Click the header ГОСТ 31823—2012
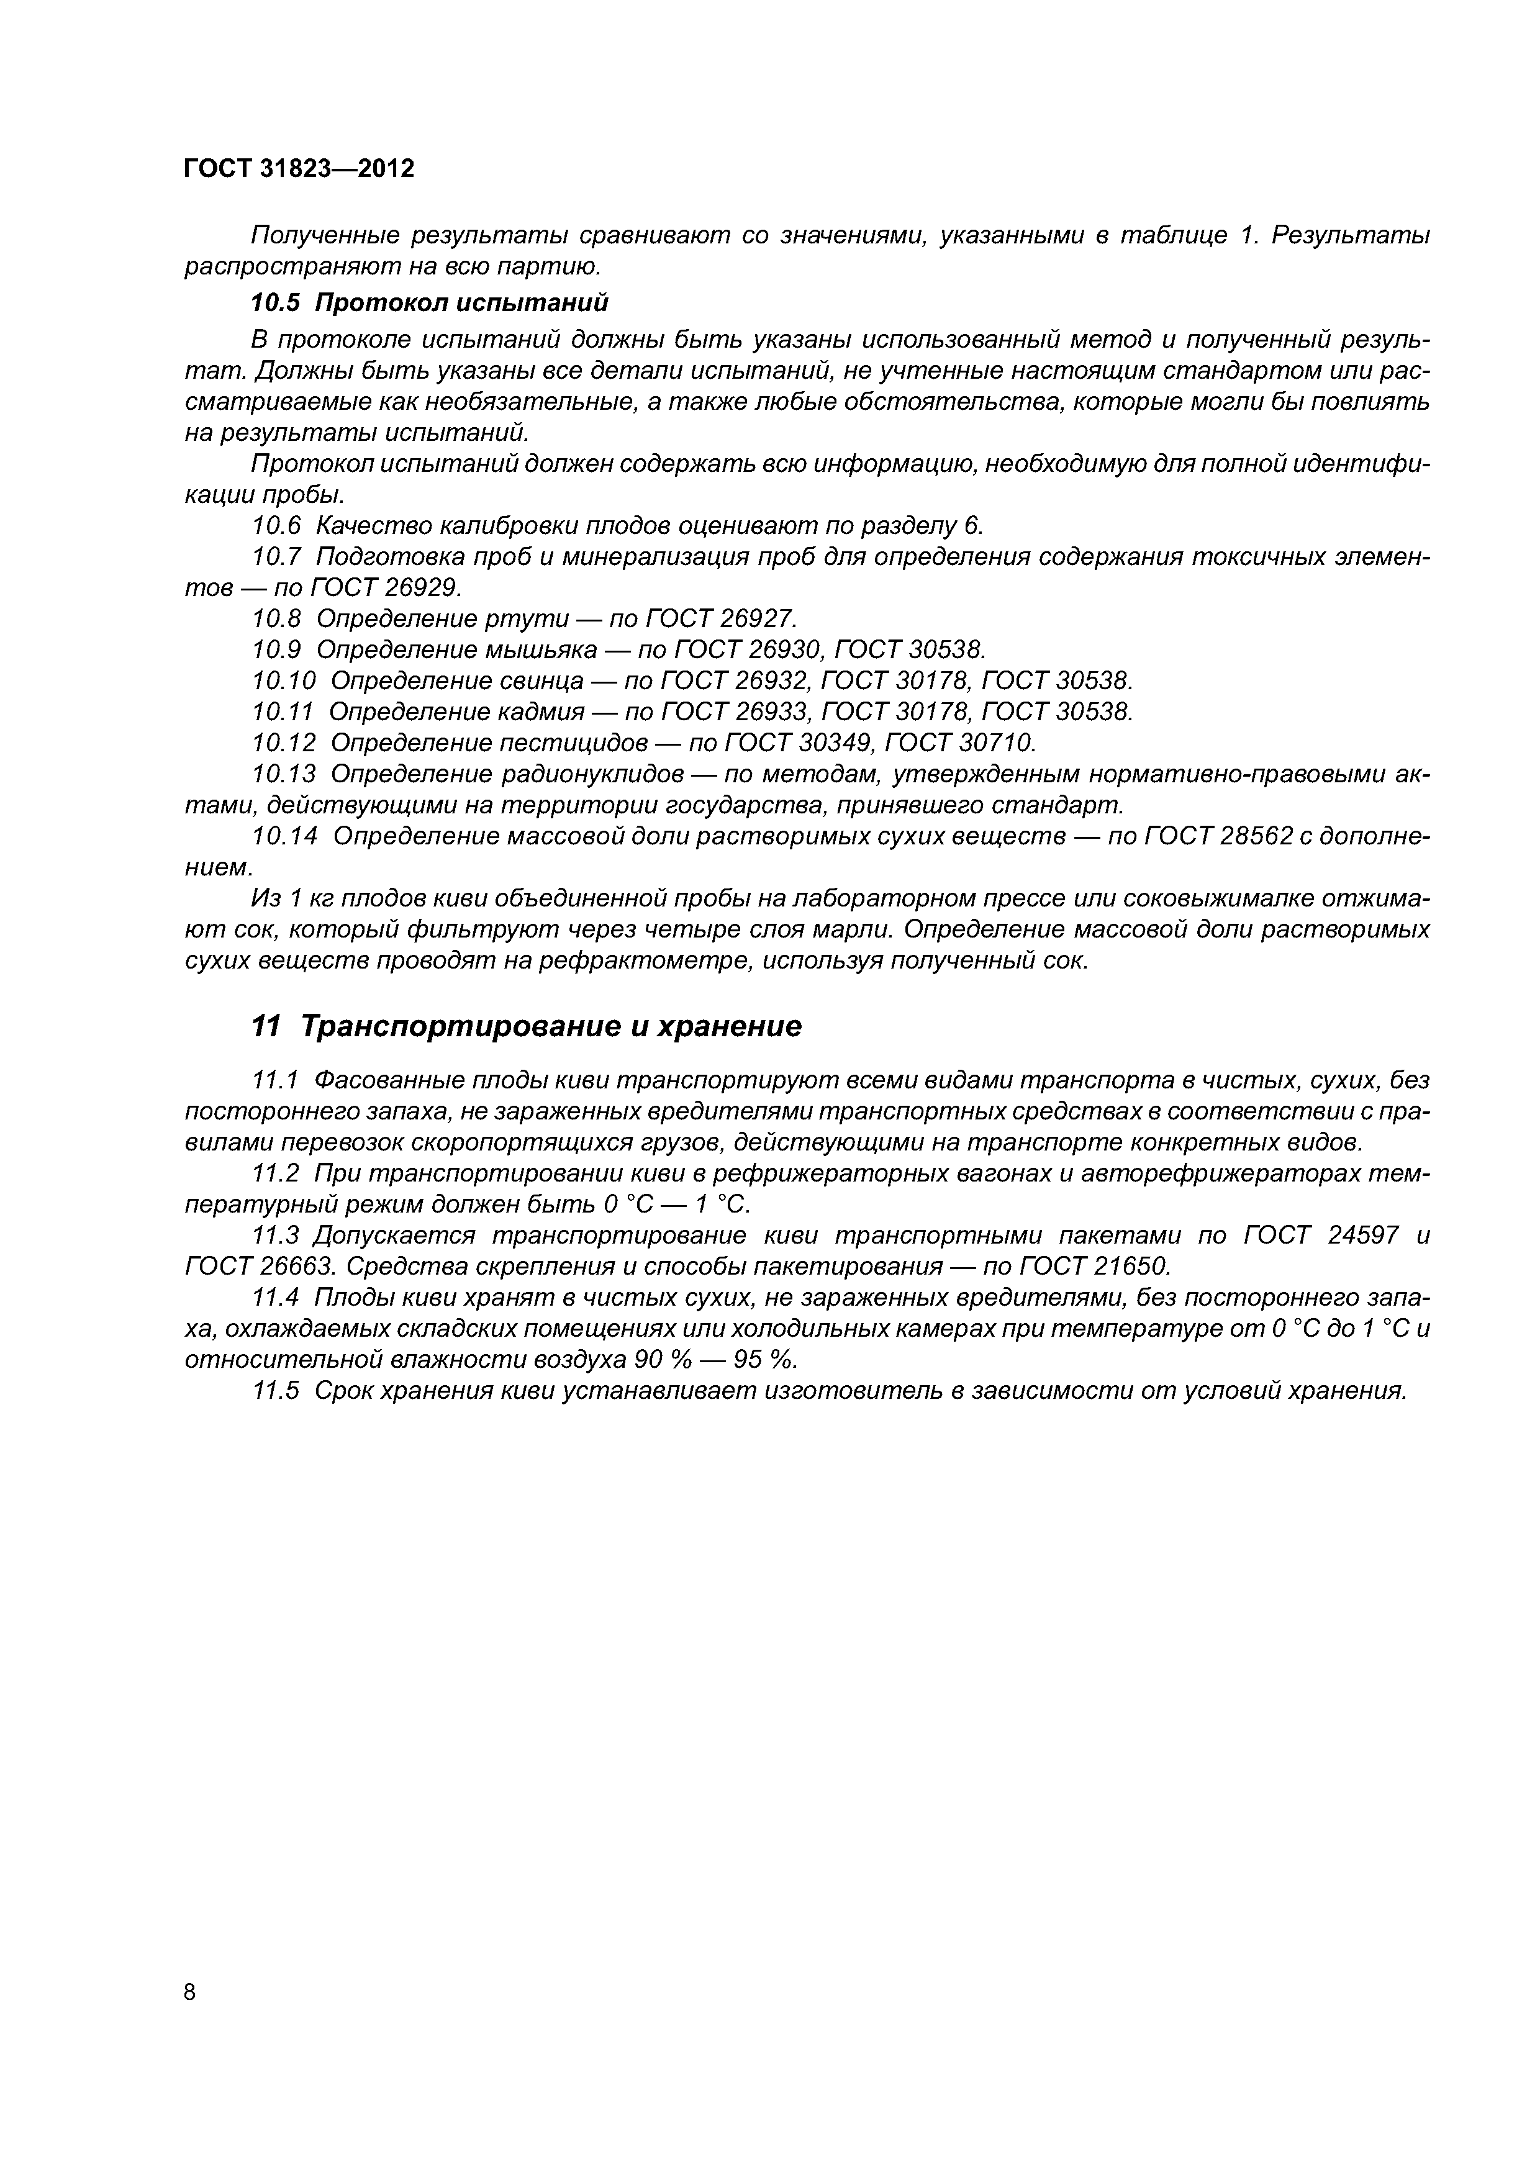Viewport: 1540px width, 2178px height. click(299, 169)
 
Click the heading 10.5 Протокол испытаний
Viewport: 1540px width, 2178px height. click(429, 302)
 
